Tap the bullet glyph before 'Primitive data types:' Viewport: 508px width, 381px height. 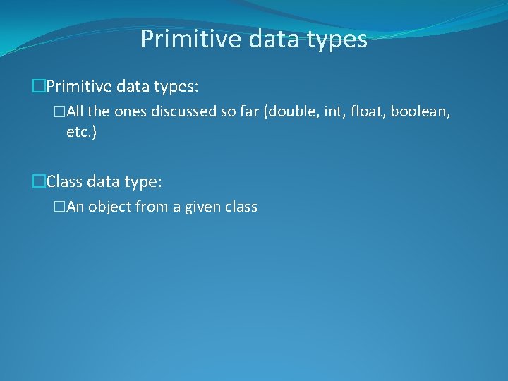point(39,86)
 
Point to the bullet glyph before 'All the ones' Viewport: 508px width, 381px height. point(60,111)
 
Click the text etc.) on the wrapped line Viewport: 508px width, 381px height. point(82,132)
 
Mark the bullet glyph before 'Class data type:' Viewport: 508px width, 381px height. point(39,182)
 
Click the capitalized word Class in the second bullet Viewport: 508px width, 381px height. point(64,182)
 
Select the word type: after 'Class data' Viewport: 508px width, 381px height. point(143,183)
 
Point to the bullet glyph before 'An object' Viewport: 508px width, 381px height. point(60,207)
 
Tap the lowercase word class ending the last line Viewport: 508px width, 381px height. point(241,207)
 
